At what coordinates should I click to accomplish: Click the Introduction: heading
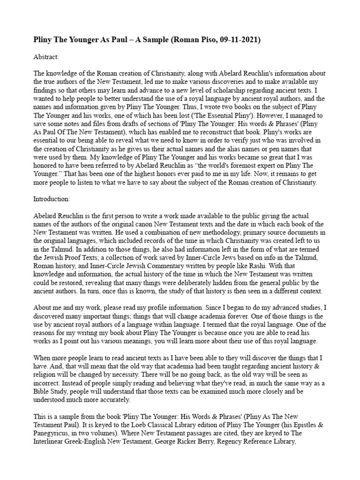point(52,199)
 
